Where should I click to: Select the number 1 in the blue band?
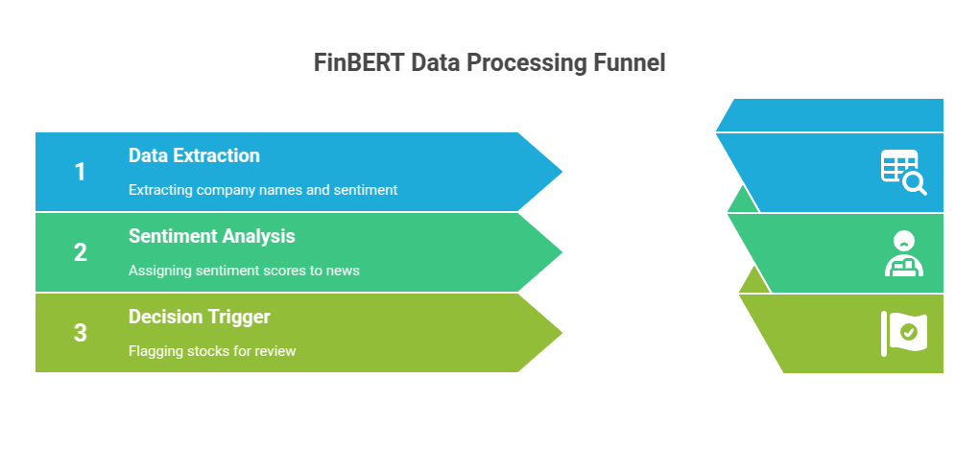pyautogui.click(x=81, y=172)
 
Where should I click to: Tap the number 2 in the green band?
pyautogui.click(x=81, y=252)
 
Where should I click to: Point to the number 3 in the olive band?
pyautogui.click(x=81, y=333)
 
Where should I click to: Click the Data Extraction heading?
pyautogui.click(x=194, y=155)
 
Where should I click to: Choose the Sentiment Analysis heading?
pyautogui.click(x=211, y=236)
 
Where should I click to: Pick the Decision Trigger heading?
pyautogui.click(x=200, y=317)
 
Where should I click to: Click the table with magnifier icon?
pyautogui.click(x=903, y=172)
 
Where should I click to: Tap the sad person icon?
pyautogui.click(x=903, y=253)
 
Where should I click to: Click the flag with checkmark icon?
pyautogui.click(x=904, y=333)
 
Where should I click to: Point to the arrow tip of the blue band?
pyautogui.click(x=551, y=172)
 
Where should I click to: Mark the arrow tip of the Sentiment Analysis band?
pyautogui.click(x=551, y=252)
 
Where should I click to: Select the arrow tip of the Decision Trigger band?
pyautogui.click(x=551, y=333)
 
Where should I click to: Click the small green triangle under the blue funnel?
pyautogui.click(x=742, y=201)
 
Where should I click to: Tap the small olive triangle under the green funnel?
pyautogui.click(x=754, y=282)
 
